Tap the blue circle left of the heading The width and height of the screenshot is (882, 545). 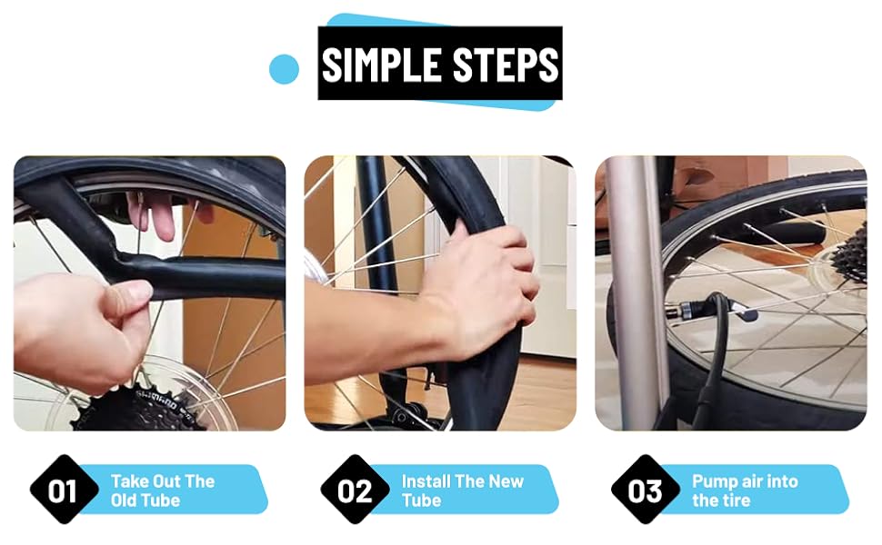click(x=285, y=68)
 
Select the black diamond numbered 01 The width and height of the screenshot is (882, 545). click(x=63, y=490)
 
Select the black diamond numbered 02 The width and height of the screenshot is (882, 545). click(x=355, y=490)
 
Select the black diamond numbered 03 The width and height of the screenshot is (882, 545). click(x=645, y=490)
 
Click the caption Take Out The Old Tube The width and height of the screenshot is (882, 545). click(x=162, y=490)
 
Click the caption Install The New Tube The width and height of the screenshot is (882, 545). click(x=462, y=490)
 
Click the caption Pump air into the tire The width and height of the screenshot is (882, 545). click(x=744, y=490)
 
